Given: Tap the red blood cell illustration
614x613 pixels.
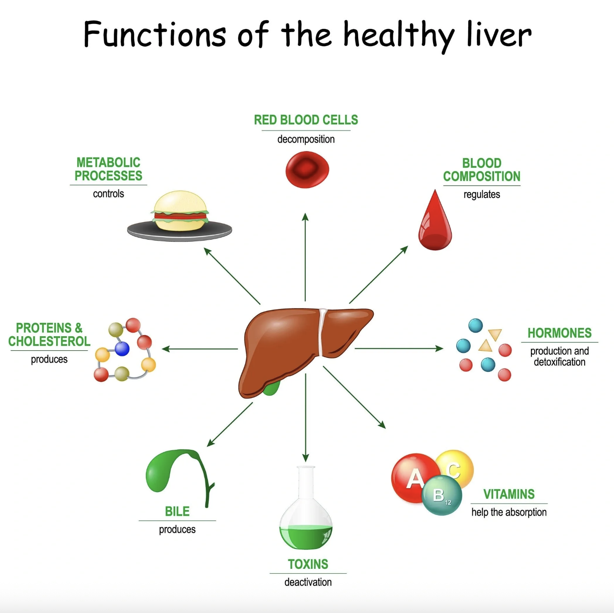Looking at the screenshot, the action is (307, 169).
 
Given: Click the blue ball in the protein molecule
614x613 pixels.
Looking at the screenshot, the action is (122, 349).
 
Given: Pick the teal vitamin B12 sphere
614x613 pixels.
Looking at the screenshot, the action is (442, 495).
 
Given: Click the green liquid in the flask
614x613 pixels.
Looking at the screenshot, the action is (306, 537).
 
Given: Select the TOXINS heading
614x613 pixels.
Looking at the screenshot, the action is (308, 564).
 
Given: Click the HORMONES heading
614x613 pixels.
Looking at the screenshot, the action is (559, 333).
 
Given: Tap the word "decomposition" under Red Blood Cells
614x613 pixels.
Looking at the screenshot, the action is (306, 139).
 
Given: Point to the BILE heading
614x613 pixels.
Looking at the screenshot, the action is (177, 511).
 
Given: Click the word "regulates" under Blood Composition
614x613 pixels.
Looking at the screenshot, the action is (482, 195).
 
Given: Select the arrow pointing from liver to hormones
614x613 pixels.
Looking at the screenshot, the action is (399, 349).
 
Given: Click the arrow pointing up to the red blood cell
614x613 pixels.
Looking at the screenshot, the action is (305, 257).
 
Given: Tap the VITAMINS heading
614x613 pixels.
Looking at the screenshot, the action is (509, 494).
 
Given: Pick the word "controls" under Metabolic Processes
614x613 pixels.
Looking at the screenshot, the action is (108, 194).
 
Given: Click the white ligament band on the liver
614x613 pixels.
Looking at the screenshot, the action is (321, 333).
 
